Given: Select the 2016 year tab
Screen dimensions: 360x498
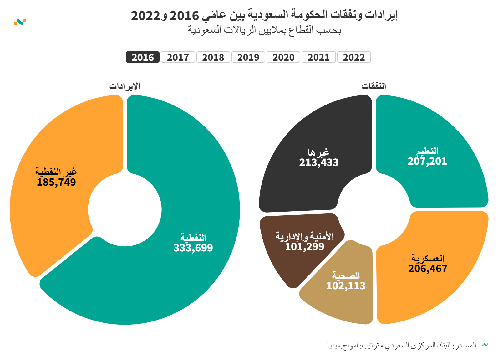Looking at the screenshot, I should pyautogui.click(x=143, y=57).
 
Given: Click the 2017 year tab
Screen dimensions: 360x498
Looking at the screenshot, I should pyautogui.click(x=178, y=57).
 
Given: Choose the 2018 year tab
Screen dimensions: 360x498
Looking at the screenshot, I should pyautogui.click(x=213, y=57).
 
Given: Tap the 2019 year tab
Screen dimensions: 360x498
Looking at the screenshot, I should pyautogui.click(x=248, y=57).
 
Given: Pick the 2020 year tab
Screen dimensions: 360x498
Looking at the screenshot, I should pyautogui.click(x=283, y=57).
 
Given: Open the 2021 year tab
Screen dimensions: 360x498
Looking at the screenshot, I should pyautogui.click(x=319, y=57).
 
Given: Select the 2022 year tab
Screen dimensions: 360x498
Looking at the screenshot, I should pyautogui.click(x=354, y=57).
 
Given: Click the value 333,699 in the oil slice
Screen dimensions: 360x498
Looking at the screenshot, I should pyautogui.click(x=193, y=248).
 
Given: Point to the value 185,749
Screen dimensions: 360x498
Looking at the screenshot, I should pyautogui.click(x=56, y=182).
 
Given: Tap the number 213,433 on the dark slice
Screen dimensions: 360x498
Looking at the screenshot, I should pyautogui.click(x=319, y=162).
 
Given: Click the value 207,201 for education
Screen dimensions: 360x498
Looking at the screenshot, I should pyautogui.click(x=427, y=161).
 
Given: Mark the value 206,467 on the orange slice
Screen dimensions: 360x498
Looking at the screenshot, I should pyautogui.click(x=428, y=269).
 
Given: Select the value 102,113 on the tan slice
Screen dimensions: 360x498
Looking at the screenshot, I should pyautogui.click(x=346, y=286).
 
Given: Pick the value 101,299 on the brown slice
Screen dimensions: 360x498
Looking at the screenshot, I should pyautogui.click(x=305, y=247).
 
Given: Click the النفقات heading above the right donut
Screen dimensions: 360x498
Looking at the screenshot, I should pyautogui.click(x=374, y=86).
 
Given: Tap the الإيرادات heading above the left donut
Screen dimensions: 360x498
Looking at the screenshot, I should pyautogui.click(x=125, y=86).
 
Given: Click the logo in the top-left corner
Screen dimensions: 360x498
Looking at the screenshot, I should pyautogui.click(x=20, y=22).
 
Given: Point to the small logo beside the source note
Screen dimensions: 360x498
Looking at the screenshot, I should pyautogui.click(x=485, y=345).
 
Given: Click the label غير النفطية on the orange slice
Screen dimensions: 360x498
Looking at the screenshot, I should pyautogui.click(x=56, y=172).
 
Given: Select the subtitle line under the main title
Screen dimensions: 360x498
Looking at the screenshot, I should pyautogui.click(x=264, y=30).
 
